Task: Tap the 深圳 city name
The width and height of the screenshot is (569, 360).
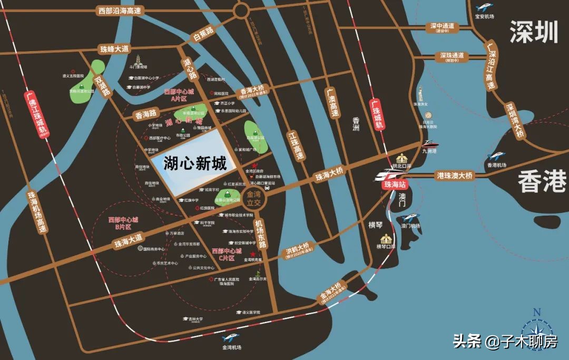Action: pos(533,33)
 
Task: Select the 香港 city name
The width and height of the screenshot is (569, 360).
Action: pos(542,182)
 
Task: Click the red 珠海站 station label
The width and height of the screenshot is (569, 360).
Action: pos(394,185)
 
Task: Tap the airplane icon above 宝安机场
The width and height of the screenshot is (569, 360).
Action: pos(484,7)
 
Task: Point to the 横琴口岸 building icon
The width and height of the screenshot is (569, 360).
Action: pos(387,238)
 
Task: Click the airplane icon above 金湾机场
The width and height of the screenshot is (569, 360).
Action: pos(231,338)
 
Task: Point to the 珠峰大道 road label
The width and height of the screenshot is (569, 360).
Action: pos(114,49)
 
